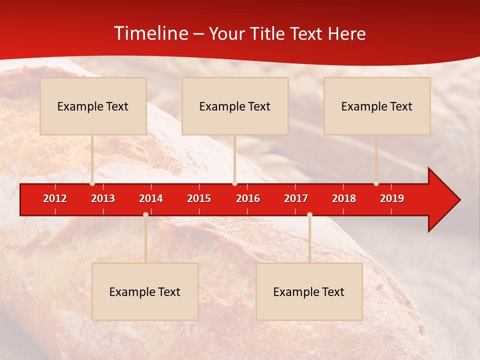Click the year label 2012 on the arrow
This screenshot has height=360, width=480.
point(55,198)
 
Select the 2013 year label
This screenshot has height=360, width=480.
point(103,198)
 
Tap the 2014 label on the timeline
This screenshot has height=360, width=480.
point(151,198)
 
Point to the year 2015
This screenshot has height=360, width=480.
point(199,198)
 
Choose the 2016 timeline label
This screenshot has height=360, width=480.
point(248,198)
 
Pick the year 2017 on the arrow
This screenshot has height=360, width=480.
point(296,198)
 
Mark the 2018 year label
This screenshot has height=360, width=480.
point(344,198)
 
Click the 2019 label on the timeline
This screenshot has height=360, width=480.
point(392,198)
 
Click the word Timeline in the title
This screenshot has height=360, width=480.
point(151,33)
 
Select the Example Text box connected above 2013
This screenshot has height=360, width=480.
point(93,106)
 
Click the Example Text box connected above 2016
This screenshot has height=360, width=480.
point(235,106)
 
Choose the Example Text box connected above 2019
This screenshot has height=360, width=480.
point(377,106)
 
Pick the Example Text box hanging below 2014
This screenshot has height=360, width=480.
point(145,291)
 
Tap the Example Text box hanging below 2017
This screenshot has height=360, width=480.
point(309,291)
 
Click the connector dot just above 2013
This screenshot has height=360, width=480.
point(92,183)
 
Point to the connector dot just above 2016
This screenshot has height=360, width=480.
point(235,183)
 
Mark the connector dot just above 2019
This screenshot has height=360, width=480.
point(376,183)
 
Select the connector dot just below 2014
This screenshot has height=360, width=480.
point(145,214)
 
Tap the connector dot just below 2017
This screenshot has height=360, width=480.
point(309,214)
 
